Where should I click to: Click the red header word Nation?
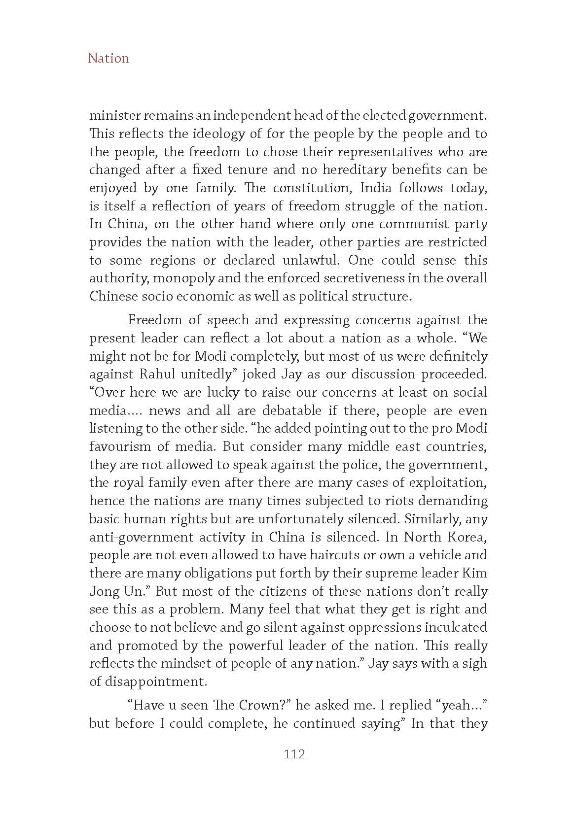pos(108,58)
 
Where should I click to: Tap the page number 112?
pos(294,754)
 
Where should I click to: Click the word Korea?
pos(466,537)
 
